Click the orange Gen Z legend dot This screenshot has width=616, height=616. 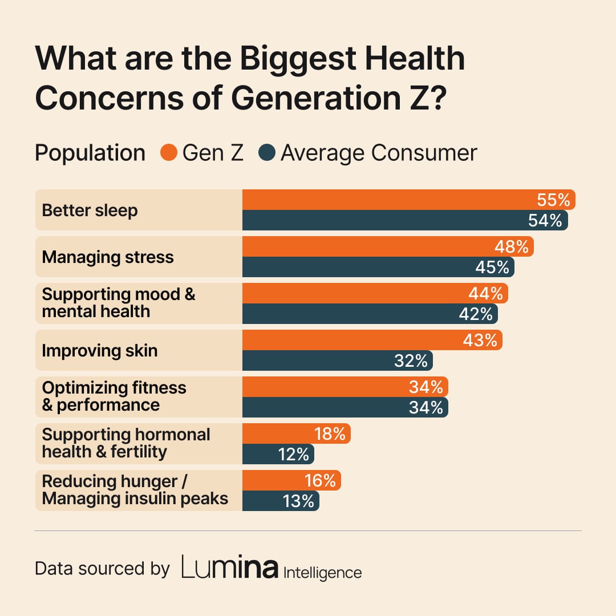click(x=169, y=153)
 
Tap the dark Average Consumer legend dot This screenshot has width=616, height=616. click(x=267, y=153)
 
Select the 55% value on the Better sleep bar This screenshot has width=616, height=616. click(x=553, y=200)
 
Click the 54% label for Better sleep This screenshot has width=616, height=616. click(x=545, y=221)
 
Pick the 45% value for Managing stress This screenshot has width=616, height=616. click(x=492, y=268)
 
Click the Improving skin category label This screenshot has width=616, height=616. click(x=100, y=350)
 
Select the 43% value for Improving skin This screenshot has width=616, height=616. click(x=480, y=341)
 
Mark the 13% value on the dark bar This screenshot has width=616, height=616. click(x=298, y=501)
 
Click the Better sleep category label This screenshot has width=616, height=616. click(x=90, y=210)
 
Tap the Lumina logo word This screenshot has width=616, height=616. click(x=230, y=568)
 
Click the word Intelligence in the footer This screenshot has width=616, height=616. click(x=322, y=572)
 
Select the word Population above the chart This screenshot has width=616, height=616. click(x=90, y=153)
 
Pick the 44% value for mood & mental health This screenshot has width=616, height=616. click(x=485, y=294)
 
